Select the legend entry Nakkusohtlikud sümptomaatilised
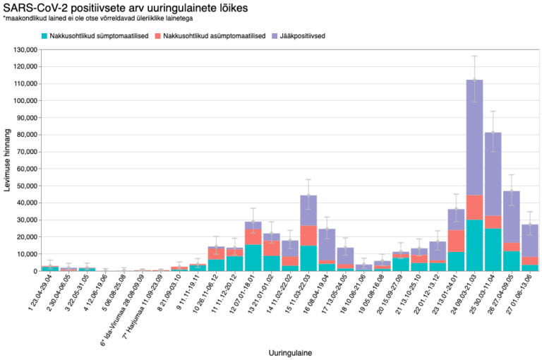point(95,35)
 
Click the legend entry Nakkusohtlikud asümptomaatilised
point(214,35)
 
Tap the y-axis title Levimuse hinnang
point(8,161)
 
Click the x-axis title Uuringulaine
point(290,351)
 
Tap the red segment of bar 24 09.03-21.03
point(474,208)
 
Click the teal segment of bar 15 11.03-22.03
point(308,258)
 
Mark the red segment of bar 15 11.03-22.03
point(308,236)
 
